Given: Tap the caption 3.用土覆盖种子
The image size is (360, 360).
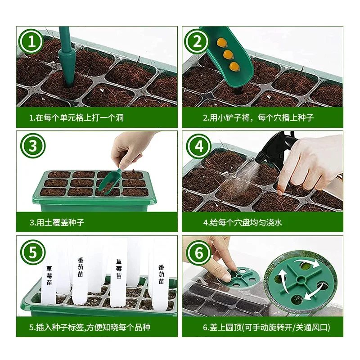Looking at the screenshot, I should coord(57,222).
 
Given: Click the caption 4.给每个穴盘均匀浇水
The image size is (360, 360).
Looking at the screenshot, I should coord(243,222).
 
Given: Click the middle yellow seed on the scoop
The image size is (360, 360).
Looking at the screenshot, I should coord(228,55).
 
